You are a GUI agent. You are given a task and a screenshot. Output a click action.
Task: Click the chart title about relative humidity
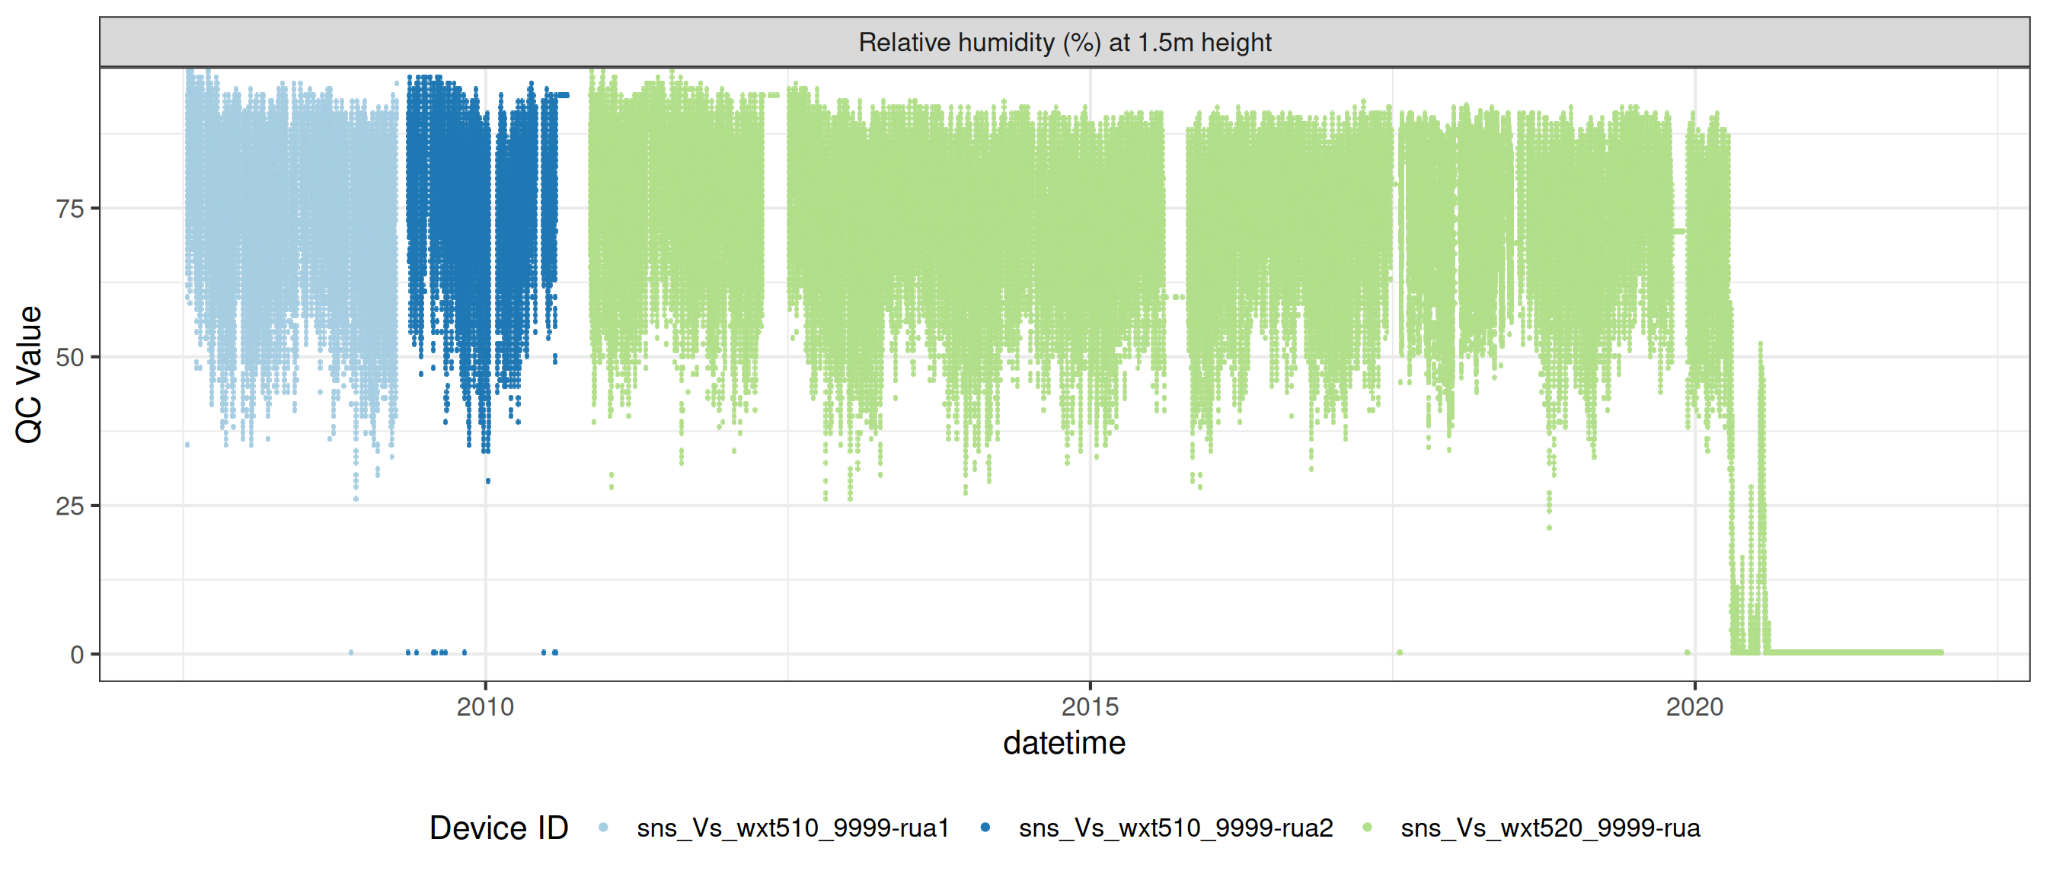click(x=1064, y=42)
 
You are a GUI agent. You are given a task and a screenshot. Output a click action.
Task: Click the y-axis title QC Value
click(x=30, y=374)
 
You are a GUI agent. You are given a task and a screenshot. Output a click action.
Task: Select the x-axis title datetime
click(x=1064, y=744)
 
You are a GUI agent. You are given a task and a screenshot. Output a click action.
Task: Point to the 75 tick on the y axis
click(x=70, y=209)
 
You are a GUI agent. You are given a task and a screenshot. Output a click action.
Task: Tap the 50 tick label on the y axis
click(x=70, y=358)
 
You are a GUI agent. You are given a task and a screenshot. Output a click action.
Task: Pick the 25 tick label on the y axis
click(x=70, y=506)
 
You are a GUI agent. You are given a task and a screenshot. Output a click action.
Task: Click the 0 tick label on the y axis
click(x=77, y=655)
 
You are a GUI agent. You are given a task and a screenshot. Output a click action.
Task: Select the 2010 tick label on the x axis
click(x=485, y=706)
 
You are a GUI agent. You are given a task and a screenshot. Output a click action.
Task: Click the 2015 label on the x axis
click(x=1090, y=706)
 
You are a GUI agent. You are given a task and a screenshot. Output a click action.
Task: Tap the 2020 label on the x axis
click(x=1694, y=706)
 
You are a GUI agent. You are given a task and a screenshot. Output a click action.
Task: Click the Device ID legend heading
click(x=498, y=828)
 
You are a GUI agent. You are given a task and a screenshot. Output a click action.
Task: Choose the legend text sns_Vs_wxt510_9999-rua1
click(x=792, y=828)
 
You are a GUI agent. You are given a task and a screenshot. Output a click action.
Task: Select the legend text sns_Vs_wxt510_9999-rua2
click(x=1175, y=828)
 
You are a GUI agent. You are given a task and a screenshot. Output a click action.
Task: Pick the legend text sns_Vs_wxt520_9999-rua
click(x=1550, y=828)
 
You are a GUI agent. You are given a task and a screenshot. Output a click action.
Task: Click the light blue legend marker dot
click(x=603, y=827)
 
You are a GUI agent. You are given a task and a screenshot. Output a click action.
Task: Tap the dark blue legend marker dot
click(x=985, y=827)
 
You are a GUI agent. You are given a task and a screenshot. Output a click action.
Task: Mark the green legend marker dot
click(x=1367, y=827)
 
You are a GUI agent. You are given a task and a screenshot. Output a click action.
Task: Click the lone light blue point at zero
click(x=351, y=653)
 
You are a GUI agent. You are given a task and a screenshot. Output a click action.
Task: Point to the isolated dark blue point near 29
click(x=488, y=480)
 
